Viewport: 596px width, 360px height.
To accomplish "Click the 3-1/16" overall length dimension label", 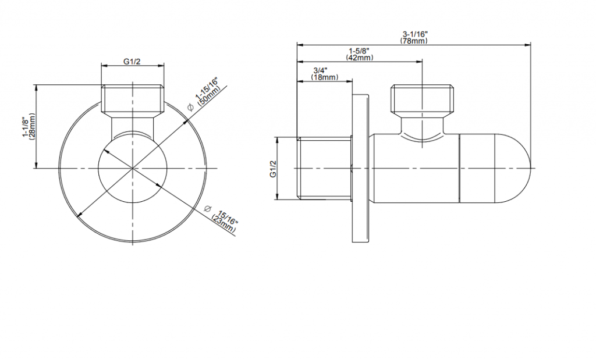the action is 414,34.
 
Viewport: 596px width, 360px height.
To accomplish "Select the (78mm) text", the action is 414,41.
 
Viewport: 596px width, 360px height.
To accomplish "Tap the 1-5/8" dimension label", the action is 359,51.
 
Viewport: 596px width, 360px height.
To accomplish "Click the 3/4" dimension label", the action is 320,70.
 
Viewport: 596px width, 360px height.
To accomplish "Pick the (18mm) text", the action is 325,77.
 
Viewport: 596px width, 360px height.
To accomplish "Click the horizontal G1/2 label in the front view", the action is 132,62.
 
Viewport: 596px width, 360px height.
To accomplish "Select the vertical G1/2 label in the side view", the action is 273,169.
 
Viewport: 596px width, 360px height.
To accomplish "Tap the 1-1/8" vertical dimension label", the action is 26,127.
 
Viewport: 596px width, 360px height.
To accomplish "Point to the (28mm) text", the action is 33,126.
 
